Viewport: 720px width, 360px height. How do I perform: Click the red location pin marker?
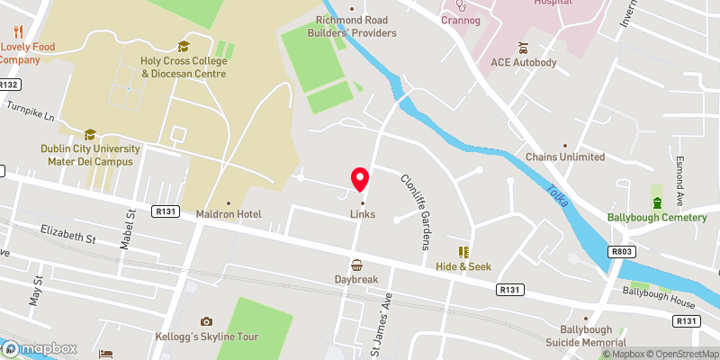(x=360, y=179)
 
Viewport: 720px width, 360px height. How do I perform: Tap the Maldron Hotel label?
(x=229, y=214)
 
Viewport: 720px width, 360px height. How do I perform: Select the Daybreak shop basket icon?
(x=357, y=265)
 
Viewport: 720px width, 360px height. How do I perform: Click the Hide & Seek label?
(x=464, y=267)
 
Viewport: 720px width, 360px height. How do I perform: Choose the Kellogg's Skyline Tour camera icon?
(x=206, y=321)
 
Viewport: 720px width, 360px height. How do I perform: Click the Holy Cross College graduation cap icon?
(x=184, y=46)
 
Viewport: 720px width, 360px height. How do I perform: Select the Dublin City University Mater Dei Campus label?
(x=90, y=155)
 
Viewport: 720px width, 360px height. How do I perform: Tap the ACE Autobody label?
(x=524, y=63)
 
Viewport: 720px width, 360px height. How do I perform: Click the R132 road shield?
(x=10, y=85)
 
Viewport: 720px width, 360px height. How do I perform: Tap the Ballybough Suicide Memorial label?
(x=586, y=336)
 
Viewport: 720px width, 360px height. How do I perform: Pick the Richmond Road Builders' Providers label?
(x=355, y=26)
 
